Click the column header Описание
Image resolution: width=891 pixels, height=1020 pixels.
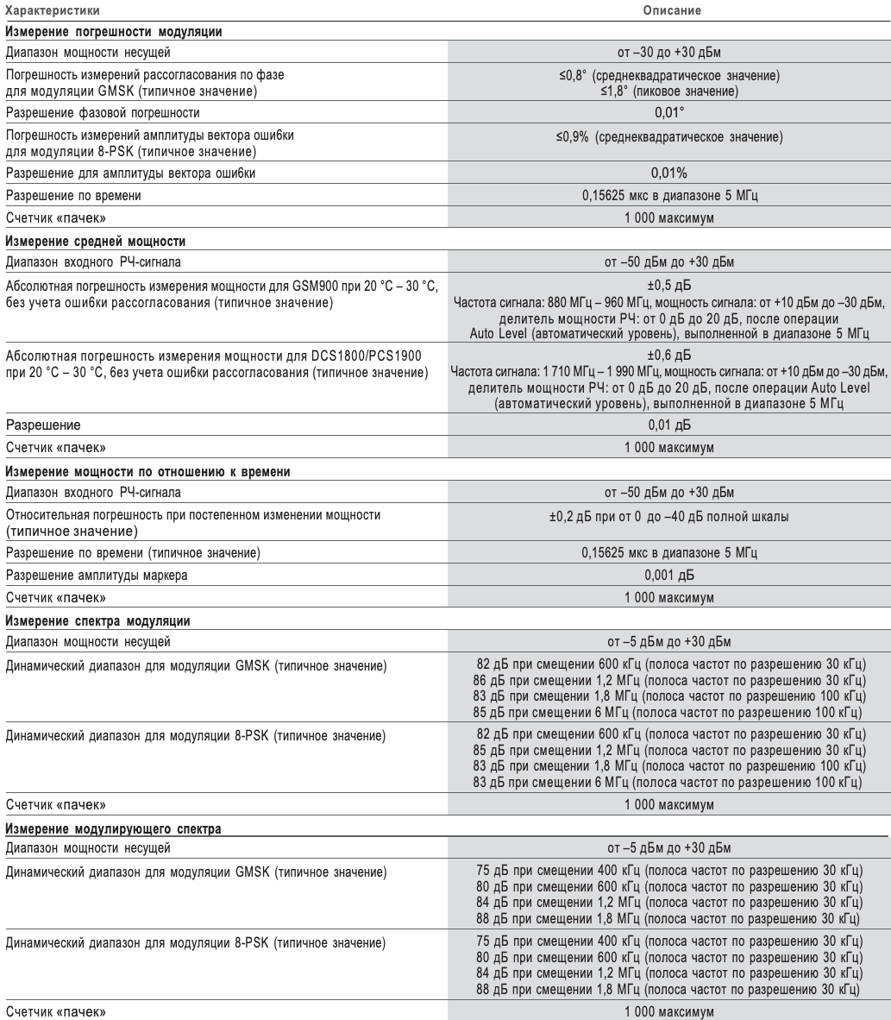[668, 11]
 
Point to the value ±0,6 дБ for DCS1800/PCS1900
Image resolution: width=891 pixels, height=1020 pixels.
[668, 353]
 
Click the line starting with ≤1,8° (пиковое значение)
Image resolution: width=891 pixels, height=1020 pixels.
[668, 91]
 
